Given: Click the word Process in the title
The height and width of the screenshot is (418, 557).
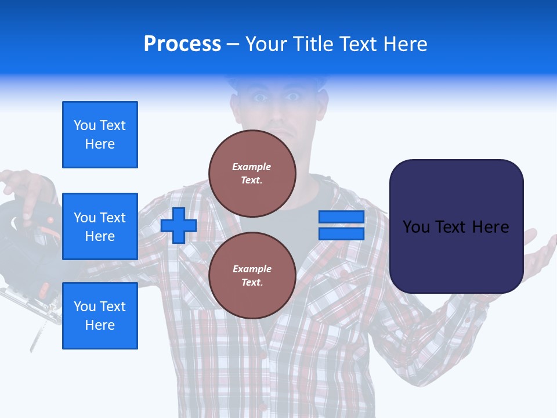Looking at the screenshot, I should point(182,44).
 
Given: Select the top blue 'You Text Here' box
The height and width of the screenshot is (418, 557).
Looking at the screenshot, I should point(100,135).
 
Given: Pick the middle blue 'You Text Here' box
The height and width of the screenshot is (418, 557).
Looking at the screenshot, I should point(100,226).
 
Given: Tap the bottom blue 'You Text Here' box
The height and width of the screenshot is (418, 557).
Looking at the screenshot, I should point(100,316).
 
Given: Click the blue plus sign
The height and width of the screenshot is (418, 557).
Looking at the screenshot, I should point(179,226).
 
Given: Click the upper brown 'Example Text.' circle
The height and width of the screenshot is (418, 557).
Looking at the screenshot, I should point(252,174).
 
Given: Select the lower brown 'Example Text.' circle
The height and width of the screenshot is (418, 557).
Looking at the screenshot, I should point(252,276).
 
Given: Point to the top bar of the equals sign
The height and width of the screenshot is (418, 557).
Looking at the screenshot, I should point(341,217).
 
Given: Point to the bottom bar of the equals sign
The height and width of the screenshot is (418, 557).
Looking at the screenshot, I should point(341,234).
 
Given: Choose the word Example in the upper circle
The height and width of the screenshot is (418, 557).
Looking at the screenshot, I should point(252,167).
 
